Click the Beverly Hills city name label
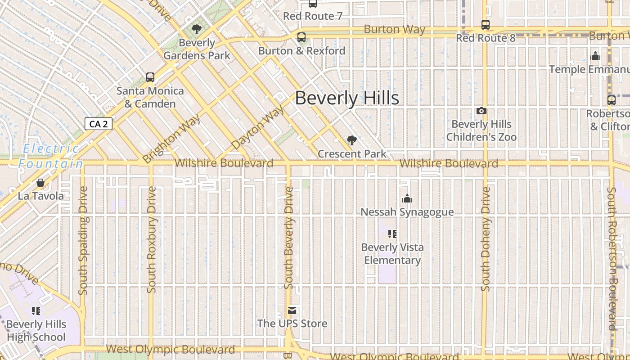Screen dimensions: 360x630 click(347, 98)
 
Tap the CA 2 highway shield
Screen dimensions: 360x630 click(99, 124)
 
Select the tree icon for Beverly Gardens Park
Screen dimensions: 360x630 click(196, 30)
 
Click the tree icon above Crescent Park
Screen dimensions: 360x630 click(352, 140)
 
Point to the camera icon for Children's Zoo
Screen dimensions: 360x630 click(481, 111)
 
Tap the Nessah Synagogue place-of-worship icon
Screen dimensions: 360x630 click(407, 198)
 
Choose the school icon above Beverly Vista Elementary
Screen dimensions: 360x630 click(392, 234)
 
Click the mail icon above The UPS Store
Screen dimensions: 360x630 click(292, 310)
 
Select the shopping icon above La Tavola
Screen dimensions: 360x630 click(40, 183)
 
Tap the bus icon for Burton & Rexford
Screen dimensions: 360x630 click(301, 37)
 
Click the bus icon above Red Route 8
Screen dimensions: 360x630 click(485, 25)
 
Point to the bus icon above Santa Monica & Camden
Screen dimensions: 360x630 click(150, 77)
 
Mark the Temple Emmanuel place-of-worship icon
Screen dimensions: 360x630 click(595, 56)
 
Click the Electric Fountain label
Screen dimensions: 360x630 click(50, 156)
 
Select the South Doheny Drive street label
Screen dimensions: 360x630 click(485, 239)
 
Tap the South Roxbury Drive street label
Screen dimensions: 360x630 click(152, 239)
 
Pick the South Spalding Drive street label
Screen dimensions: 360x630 click(83, 241)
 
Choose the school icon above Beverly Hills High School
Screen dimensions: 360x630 click(36, 311)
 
